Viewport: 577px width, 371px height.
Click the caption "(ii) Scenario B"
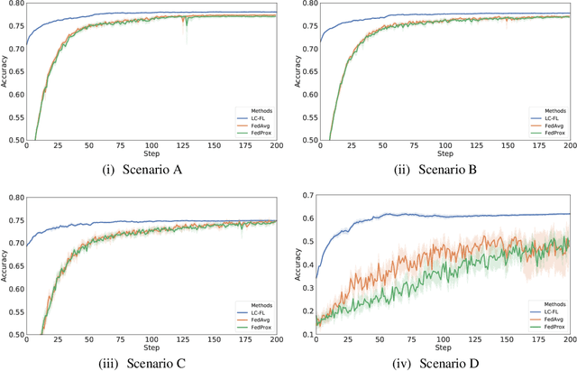click(x=437, y=167)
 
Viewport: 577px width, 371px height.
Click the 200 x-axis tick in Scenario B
click(x=568, y=148)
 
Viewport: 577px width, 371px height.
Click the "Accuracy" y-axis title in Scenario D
click(x=297, y=264)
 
